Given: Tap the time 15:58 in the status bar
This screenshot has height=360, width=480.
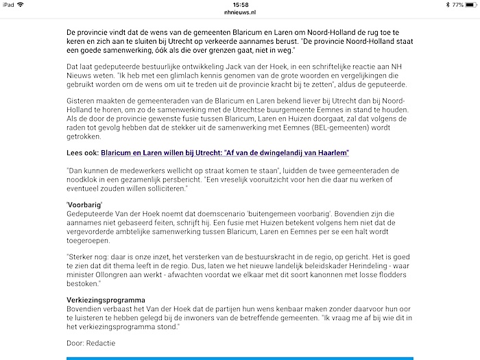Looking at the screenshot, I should click(x=240, y=4).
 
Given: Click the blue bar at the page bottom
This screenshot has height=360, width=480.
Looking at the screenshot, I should click(x=240, y=357).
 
